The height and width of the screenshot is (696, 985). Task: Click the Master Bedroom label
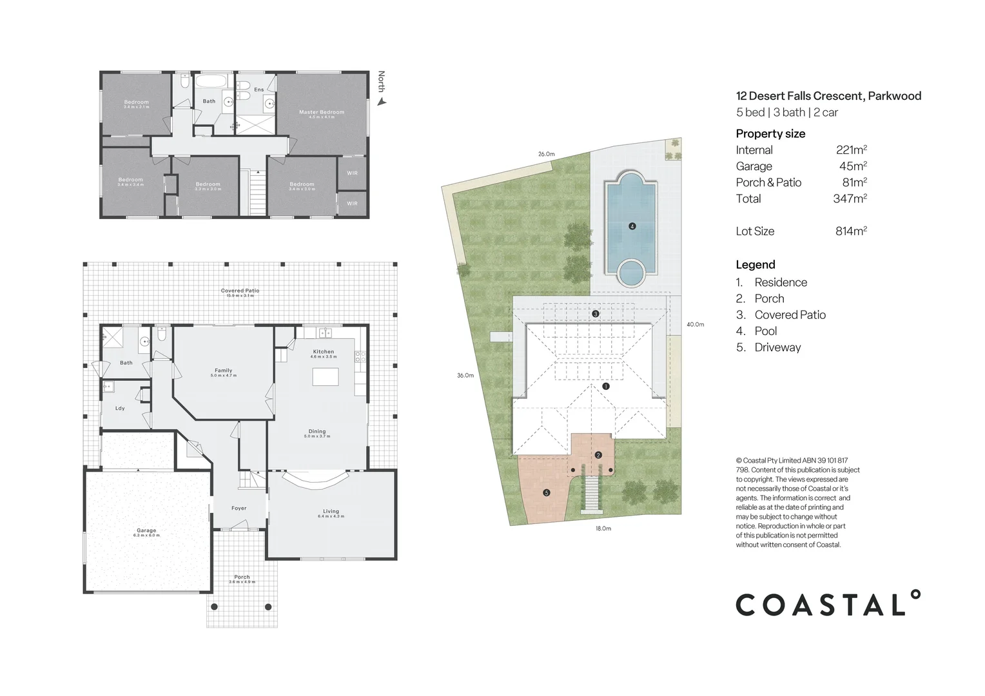[x=321, y=112]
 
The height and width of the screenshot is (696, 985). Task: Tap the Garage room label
[x=146, y=531]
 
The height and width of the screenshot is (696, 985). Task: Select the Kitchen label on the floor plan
[x=324, y=352]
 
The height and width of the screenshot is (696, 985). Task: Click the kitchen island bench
[x=325, y=376]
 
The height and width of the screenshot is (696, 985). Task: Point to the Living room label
[x=331, y=512]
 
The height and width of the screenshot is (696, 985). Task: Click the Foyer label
[x=239, y=508]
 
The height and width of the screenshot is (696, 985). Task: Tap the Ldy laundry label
[x=120, y=409]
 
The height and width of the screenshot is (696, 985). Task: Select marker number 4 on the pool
[x=632, y=226]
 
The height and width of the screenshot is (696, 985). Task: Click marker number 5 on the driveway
[x=547, y=493]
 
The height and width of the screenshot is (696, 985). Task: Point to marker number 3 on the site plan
[x=596, y=314]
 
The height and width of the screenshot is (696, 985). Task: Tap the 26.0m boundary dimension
[x=545, y=154]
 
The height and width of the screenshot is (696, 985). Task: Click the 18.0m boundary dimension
[x=603, y=528]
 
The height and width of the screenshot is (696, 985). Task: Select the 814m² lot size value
[x=850, y=231]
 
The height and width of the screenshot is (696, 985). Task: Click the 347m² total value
[x=850, y=198]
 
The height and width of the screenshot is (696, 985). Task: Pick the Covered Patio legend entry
[x=790, y=315]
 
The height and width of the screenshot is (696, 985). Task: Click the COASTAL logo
[x=828, y=604]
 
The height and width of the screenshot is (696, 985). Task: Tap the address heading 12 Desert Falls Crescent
[x=828, y=96]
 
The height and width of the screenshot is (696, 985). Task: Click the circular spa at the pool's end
[x=631, y=273]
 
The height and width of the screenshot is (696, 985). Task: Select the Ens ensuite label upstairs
[x=258, y=90]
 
